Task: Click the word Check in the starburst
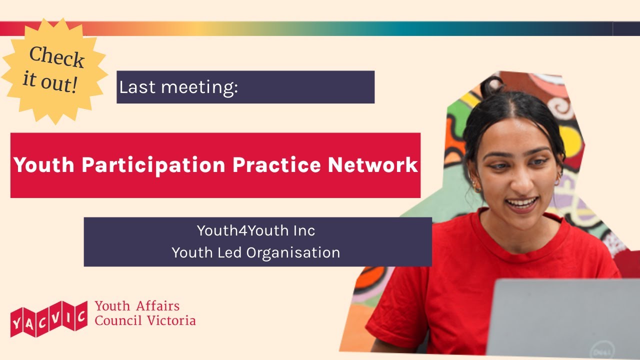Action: (56, 56)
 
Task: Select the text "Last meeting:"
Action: (178, 87)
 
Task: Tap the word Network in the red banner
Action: (373, 164)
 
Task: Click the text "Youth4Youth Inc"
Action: (256, 230)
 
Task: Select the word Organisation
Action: (293, 252)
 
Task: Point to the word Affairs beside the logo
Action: (158, 305)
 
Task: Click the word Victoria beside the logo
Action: (171, 320)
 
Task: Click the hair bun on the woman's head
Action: (492, 85)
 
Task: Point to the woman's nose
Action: (522, 177)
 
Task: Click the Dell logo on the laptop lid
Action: (599, 350)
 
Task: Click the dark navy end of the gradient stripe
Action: (626, 28)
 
